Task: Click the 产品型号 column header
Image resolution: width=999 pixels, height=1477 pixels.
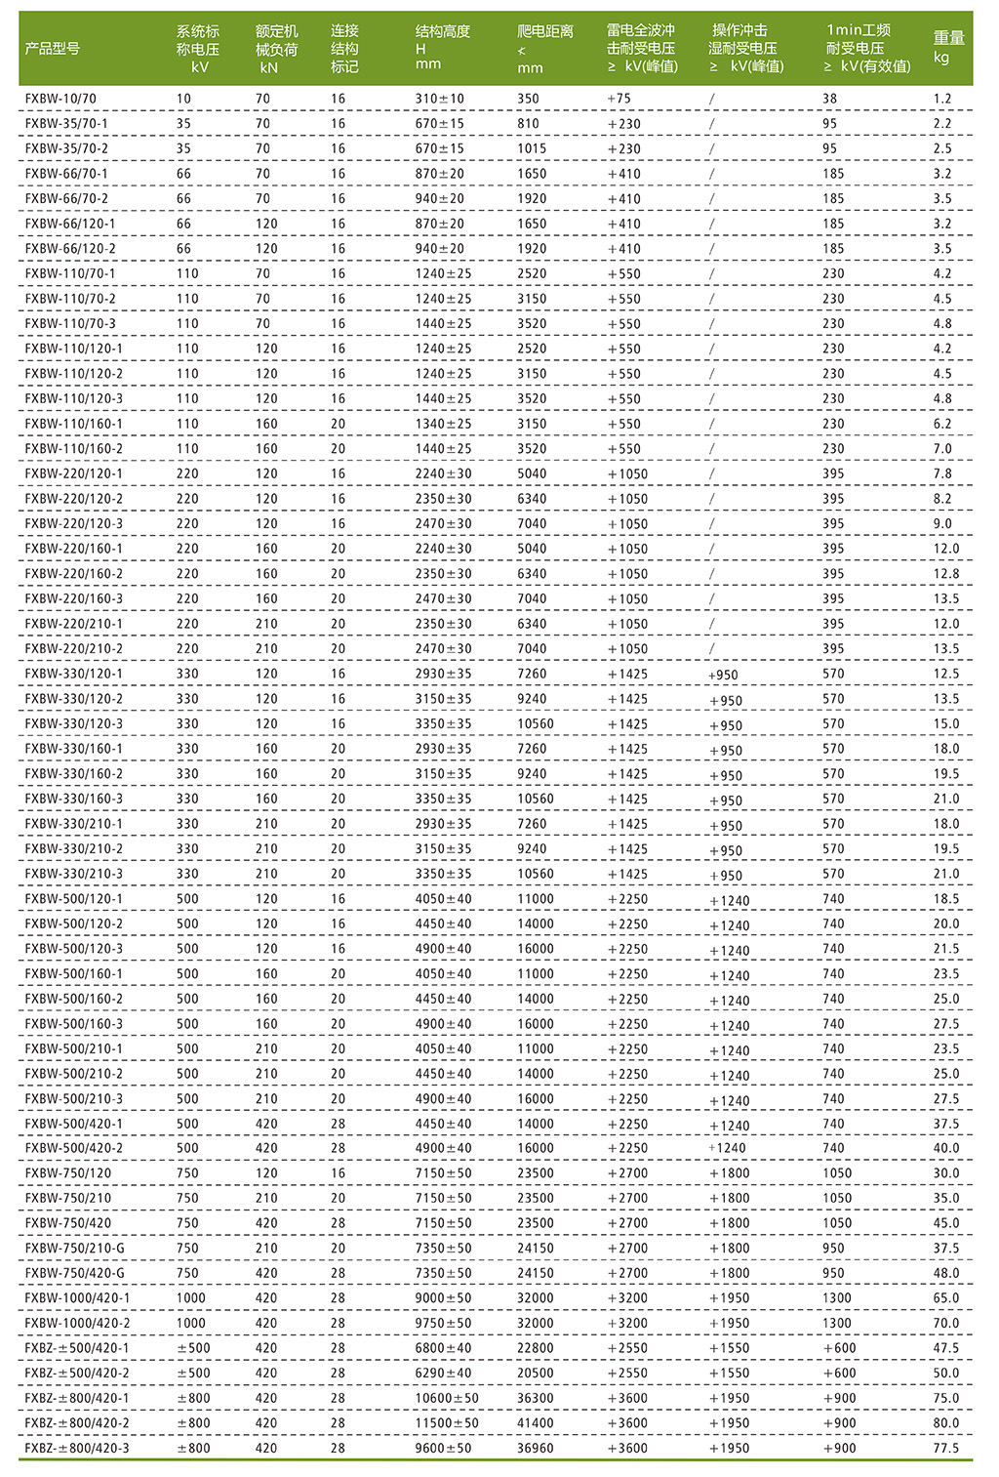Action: [x=53, y=48]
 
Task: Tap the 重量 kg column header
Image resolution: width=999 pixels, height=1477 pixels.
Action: [x=948, y=47]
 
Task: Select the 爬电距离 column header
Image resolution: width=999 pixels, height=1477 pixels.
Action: [x=544, y=48]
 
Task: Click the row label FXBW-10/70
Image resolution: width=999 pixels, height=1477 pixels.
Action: [x=60, y=99]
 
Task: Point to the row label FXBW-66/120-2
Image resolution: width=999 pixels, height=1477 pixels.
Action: [x=70, y=249]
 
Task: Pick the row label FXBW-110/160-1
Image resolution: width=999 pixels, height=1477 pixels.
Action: [x=74, y=424]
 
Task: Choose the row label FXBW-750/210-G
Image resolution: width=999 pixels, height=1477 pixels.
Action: [x=75, y=1249]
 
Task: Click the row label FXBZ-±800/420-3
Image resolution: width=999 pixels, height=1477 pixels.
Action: [x=77, y=1449]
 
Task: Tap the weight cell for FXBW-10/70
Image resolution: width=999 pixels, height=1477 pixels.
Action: [x=941, y=99]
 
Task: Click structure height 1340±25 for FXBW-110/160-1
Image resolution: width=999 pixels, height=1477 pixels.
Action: [x=443, y=424]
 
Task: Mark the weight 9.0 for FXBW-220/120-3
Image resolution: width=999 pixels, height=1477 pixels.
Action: [x=941, y=524]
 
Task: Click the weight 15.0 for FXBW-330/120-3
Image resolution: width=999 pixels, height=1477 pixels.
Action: [x=945, y=724]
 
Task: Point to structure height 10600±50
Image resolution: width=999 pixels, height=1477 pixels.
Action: [x=447, y=1398]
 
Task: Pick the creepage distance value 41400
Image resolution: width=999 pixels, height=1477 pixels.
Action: [x=535, y=1423]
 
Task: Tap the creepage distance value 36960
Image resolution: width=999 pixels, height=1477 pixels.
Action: [x=535, y=1449]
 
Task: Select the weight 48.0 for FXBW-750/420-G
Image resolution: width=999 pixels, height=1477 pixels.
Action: [x=945, y=1273]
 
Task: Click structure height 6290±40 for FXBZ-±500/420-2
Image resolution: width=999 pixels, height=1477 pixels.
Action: [x=443, y=1374]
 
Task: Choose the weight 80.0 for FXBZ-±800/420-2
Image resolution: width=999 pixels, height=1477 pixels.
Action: [x=945, y=1423]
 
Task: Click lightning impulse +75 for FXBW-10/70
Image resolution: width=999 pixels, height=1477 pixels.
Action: [x=619, y=99]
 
